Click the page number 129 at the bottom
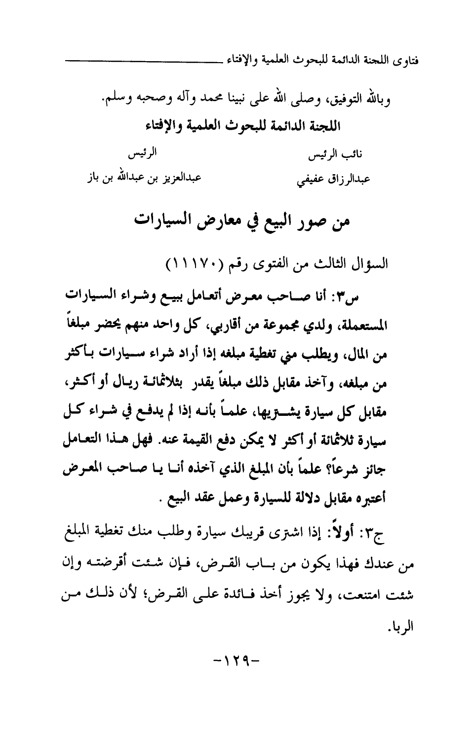(x=237, y=660)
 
